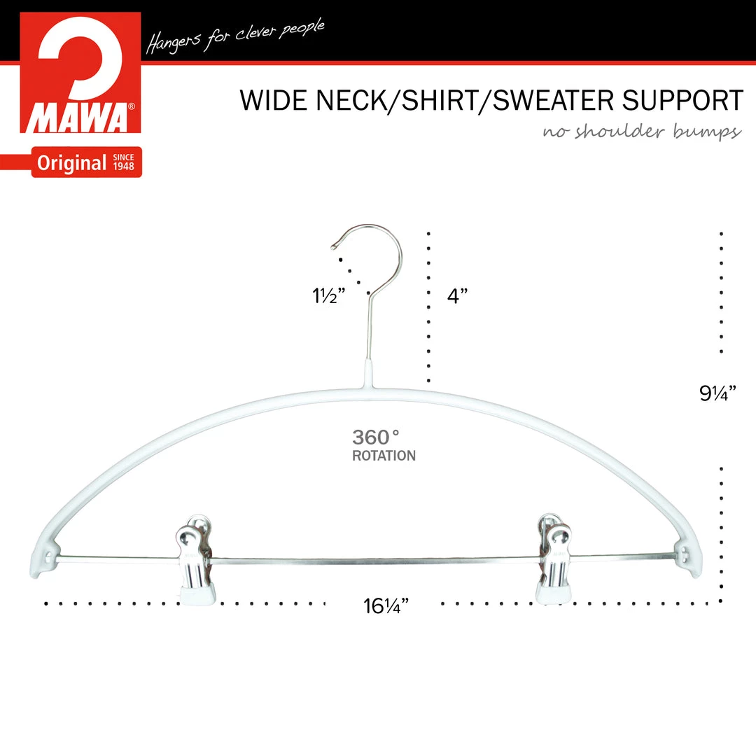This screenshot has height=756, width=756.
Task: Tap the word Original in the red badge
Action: [71, 163]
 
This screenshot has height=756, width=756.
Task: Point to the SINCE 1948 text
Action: [123, 162]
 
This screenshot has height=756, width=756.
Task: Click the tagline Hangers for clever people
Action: [234, 36]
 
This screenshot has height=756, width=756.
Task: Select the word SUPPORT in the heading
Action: [682, 100]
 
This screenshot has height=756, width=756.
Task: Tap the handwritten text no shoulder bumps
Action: [642, 131]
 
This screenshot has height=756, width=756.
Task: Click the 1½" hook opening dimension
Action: [329, 295]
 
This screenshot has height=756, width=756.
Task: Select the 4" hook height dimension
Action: [457, 295]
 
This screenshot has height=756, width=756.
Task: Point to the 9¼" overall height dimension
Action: [717, 393]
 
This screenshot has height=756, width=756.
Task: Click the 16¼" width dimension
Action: [386, 606]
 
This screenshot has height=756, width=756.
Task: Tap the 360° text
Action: [376, 437]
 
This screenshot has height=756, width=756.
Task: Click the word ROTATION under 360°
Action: [384, 456]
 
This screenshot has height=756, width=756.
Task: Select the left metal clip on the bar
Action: [195, 559]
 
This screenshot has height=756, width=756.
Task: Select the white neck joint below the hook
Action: [369, 374]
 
